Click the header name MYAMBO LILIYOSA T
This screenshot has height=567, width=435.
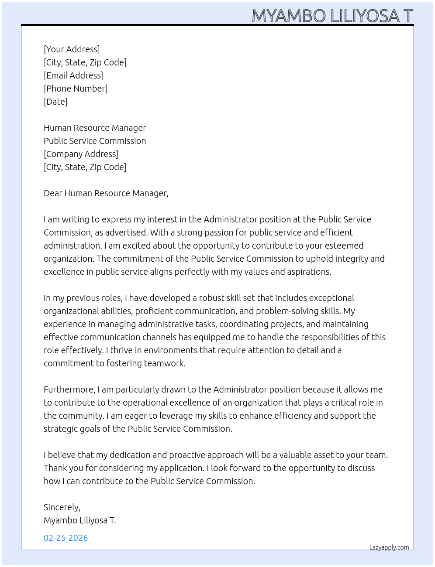click(x=332, y=16)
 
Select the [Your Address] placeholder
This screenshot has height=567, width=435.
click(x=72, y=49)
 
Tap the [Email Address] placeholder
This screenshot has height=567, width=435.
click(x=73, y=75)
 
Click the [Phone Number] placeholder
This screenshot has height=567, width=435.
click(x=76, y=89)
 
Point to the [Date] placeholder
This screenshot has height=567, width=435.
click(x=55, y=102)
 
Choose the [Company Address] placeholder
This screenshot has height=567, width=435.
click(x=81, y=154)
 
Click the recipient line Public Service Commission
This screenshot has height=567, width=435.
click(x=95, y=141)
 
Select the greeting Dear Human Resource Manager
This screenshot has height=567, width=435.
click(x=106, y=193)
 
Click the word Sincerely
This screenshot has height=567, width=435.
click(x=62, y=507)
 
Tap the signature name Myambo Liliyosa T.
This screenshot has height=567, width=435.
click(x=79, y=520)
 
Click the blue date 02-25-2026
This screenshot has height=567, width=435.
click(x=66, y=538)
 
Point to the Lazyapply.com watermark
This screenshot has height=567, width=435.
click(x=389, y=547)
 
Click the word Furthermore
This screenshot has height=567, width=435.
click(x=69, y=389)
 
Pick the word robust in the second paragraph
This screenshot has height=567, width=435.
click(x=211, y=298)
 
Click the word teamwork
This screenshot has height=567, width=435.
click(x=164, y=363)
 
